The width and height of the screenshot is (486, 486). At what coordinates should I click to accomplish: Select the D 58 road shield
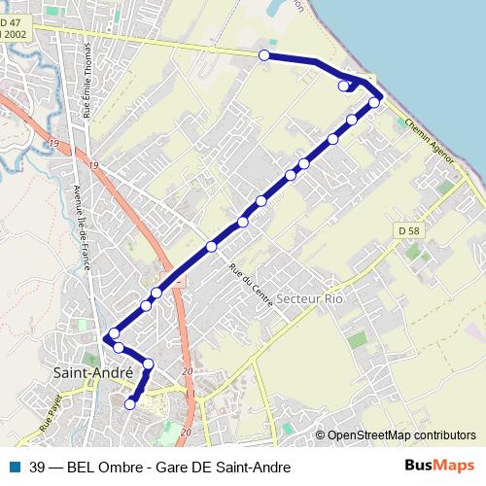408,230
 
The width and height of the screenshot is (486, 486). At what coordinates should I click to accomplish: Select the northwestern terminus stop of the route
264,55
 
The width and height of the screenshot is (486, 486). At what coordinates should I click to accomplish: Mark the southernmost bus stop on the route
130,404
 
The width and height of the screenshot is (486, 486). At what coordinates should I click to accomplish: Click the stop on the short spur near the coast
342,87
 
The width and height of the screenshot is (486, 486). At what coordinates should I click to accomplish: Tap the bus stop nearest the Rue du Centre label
211,247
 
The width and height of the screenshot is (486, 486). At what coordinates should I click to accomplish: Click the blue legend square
16,466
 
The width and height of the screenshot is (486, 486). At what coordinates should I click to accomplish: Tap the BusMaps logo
439,466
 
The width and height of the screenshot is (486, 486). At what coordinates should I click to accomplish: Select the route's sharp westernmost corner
105,338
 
